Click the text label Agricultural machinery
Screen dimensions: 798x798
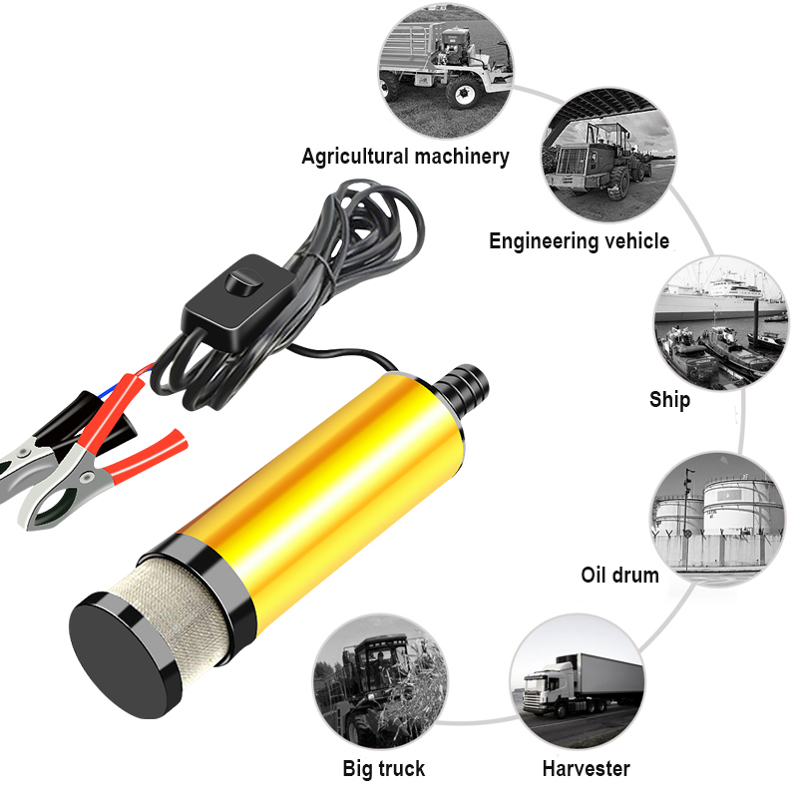tap(405, 157)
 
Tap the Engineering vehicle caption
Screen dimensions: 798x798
tap(579, 240)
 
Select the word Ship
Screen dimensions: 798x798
tap(669, 400)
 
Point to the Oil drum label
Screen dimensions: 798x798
tap(619, 575)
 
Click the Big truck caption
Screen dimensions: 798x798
tap(383, 768)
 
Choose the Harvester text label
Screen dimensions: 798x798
tap(586, 768)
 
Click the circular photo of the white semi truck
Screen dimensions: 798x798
tap(577, 679)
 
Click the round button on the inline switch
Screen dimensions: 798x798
tap(239, 282)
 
